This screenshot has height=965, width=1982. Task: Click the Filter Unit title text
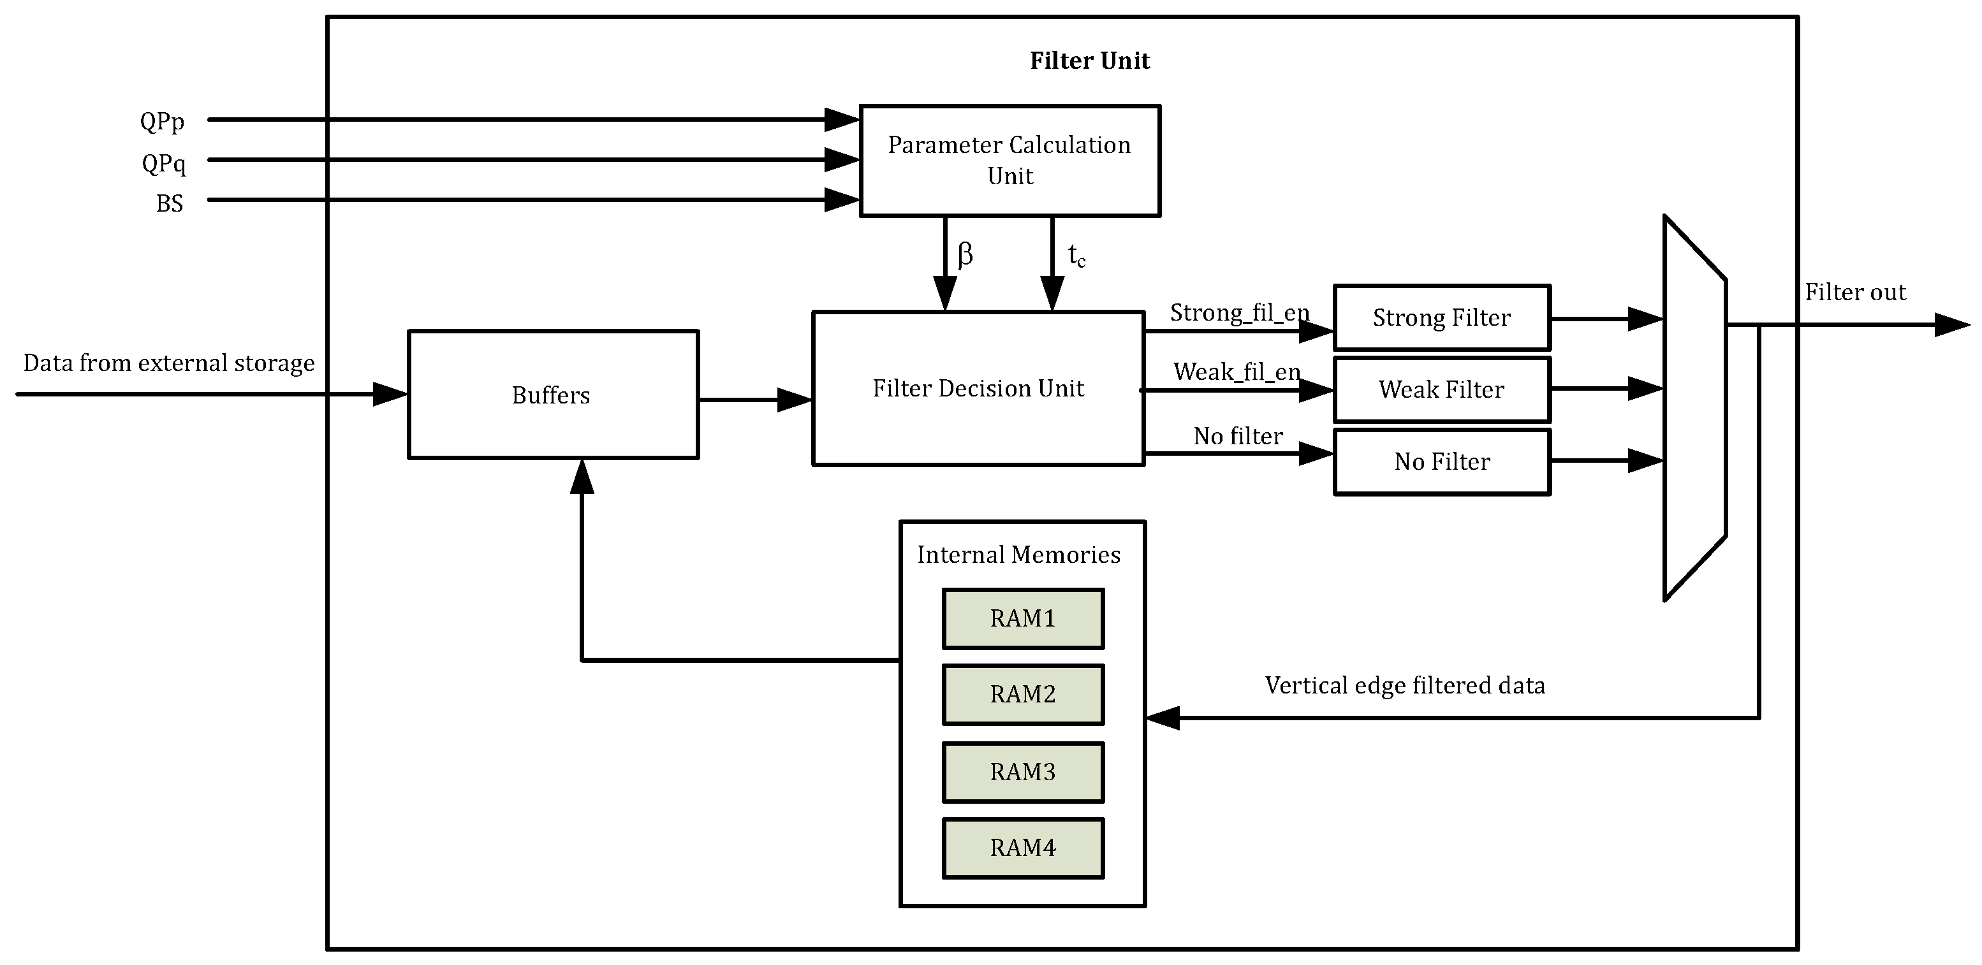point(1089,61)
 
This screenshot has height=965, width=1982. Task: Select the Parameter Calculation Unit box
point(1009,160)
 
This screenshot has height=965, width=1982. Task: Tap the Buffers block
point(552,395)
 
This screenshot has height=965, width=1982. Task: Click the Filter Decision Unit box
point(978,388)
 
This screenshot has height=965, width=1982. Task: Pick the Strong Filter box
point(1441,317)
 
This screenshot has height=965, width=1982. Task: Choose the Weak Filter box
point(1441,389)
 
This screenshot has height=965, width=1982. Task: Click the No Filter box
point(1441,461)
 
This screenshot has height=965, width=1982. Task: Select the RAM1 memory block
point(1022,618)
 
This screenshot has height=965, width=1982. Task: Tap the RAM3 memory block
point(1022,771)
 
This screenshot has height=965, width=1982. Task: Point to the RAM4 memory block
point(1022,847)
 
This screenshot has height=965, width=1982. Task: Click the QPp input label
point(163,122)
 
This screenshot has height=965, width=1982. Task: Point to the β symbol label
point(965,254)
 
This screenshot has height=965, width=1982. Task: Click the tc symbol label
point(1076,256)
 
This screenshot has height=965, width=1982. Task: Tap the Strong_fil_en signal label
point(1238,313)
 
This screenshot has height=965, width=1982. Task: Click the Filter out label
point(1855,292)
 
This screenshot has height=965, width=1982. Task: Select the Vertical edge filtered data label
point(1404,685)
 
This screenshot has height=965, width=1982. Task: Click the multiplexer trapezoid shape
point(1694,407)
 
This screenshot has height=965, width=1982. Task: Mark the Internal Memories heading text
point(1018,555)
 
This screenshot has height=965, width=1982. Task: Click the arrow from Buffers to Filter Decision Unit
point(754,400)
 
